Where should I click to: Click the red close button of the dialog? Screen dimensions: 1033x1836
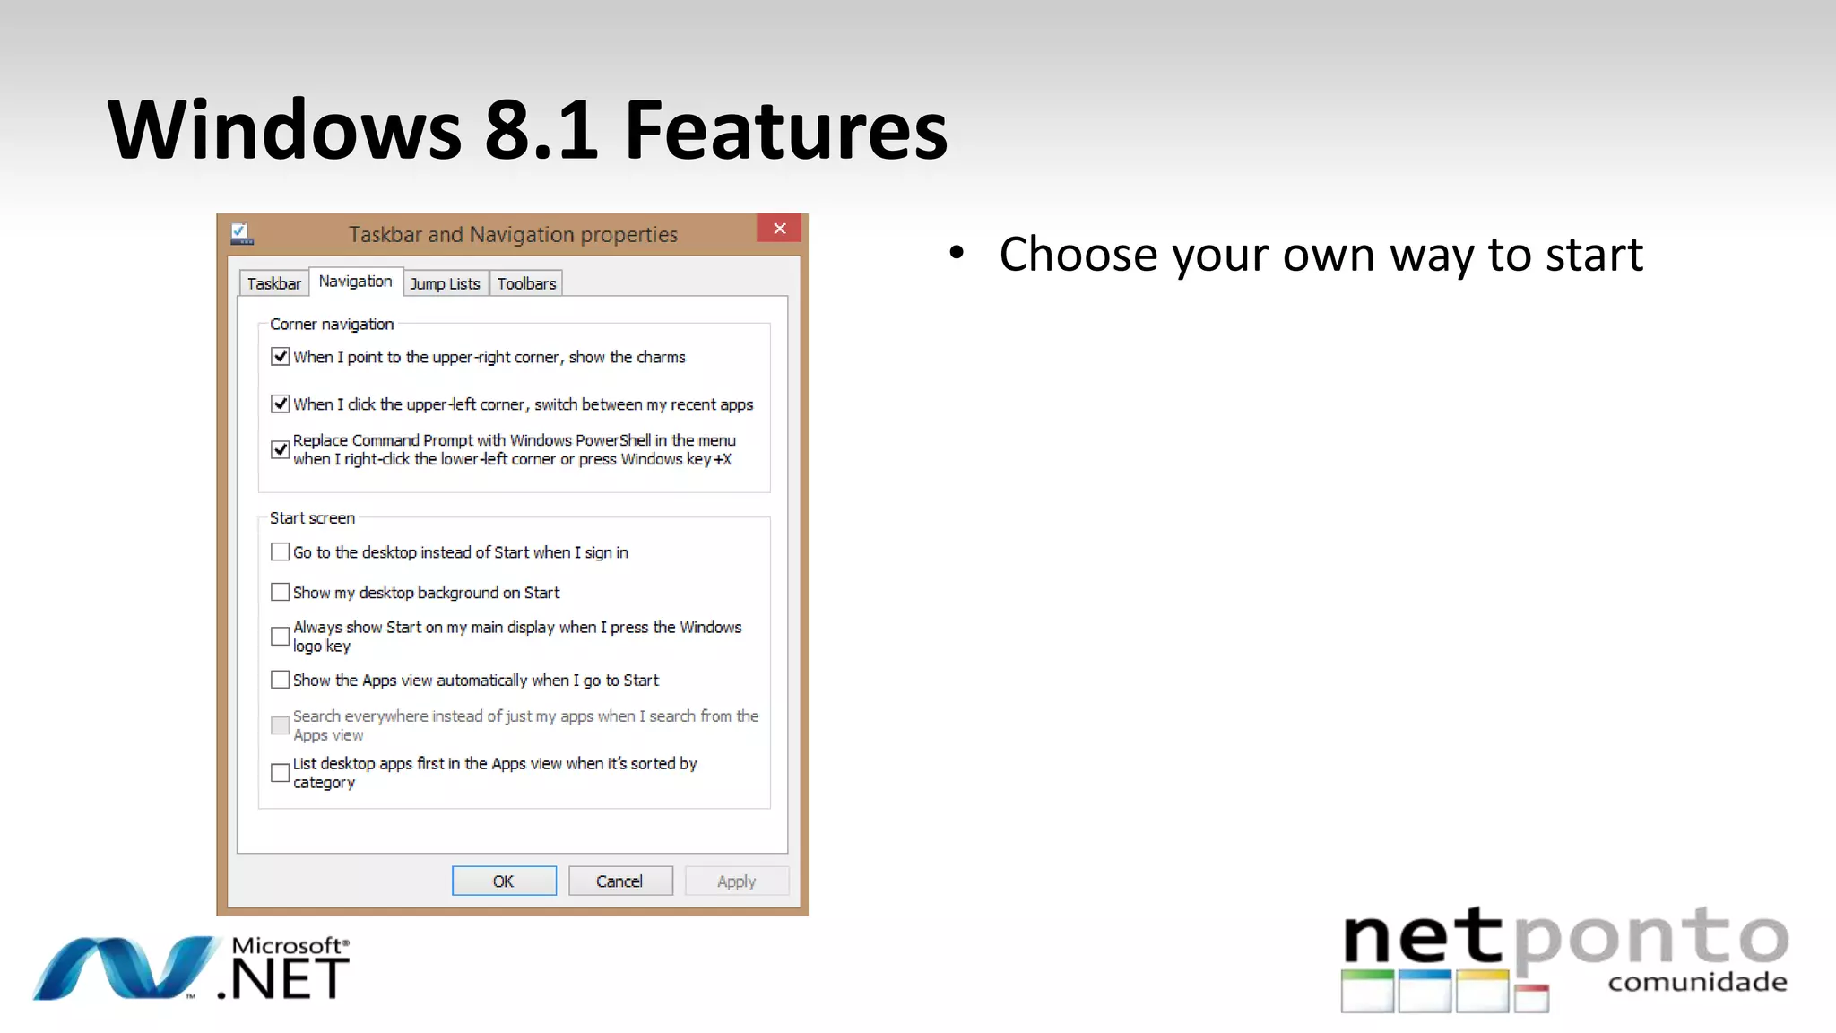[779, 229]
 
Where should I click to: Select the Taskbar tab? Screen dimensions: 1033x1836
[273, 283]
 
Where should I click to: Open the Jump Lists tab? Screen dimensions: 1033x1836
[445, 283]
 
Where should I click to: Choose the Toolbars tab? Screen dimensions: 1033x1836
[526, 283]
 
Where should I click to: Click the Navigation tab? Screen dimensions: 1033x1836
[355, 282]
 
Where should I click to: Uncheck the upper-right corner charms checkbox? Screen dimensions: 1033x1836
[281, 357]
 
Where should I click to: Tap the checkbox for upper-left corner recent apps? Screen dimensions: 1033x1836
[281, 404]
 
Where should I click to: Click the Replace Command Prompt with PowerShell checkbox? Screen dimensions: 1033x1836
[281, 449]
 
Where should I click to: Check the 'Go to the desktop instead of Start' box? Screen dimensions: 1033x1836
[281, 552]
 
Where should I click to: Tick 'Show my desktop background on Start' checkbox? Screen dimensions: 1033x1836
[281, 593]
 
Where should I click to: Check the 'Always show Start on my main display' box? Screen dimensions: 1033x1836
[281, 637]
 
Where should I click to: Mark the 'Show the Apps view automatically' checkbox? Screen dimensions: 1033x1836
[281, 681]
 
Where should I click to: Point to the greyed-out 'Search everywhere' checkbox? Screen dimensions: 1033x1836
[281, 725]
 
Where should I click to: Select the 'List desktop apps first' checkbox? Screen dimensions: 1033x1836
[281, 772]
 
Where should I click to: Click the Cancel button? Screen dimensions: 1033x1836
[619, 881]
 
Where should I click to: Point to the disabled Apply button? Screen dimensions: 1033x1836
[736, 881]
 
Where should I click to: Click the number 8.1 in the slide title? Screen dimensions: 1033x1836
[541, 131]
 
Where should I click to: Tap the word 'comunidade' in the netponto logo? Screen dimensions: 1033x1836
[1697, 983]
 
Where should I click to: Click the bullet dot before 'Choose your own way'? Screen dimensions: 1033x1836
[957, 254]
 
